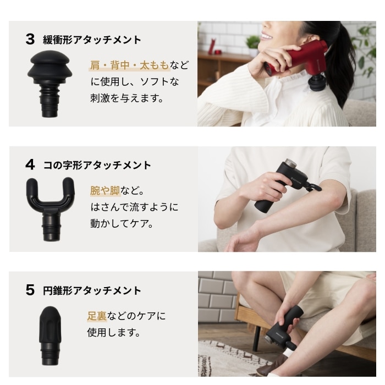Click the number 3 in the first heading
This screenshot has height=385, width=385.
[x=30, y=40]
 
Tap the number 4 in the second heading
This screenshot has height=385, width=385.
[x=30, y=165]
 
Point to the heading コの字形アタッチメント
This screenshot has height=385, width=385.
[x=97, y=165]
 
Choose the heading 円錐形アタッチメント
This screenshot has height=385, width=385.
[x=92, y=291]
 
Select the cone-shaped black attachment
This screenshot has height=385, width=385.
[x=51, y=333]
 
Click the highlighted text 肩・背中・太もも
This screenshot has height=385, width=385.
[x=129, y=66]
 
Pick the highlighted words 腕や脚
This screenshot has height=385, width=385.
[x=106, y=191]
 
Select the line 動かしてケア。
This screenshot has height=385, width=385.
[x=122, y=224]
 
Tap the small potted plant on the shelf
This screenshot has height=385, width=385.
[x=253, y=42]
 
